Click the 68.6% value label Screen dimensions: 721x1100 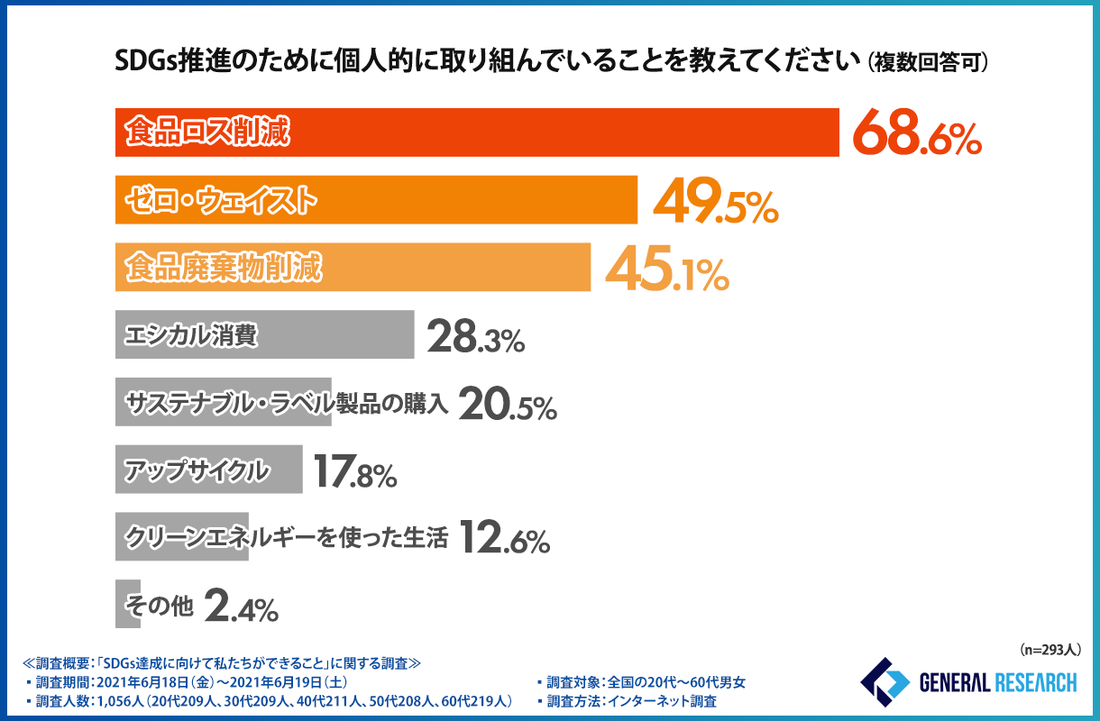916,133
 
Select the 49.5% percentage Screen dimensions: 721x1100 714,201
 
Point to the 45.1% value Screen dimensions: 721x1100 666,269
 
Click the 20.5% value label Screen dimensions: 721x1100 508,404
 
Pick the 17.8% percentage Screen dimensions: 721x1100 355,471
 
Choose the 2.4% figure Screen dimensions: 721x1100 241,607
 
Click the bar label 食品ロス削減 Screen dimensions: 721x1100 207,132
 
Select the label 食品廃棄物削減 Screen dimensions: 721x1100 223,268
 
